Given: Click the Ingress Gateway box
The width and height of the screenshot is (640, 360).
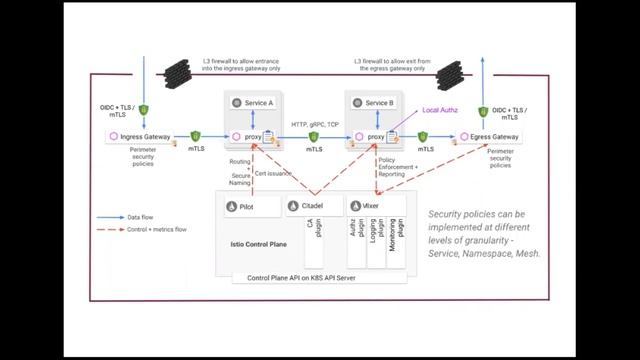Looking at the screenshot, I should (139, 136).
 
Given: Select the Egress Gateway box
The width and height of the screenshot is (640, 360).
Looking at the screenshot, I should (489, 136).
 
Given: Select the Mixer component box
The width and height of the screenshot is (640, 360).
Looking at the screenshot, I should (375, 205).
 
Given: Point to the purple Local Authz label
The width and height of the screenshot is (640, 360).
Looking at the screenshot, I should (439, 110).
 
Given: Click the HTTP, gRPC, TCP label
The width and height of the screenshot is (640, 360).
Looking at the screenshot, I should (314, 124).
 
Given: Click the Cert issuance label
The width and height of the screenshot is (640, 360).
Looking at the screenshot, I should (273, 173).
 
